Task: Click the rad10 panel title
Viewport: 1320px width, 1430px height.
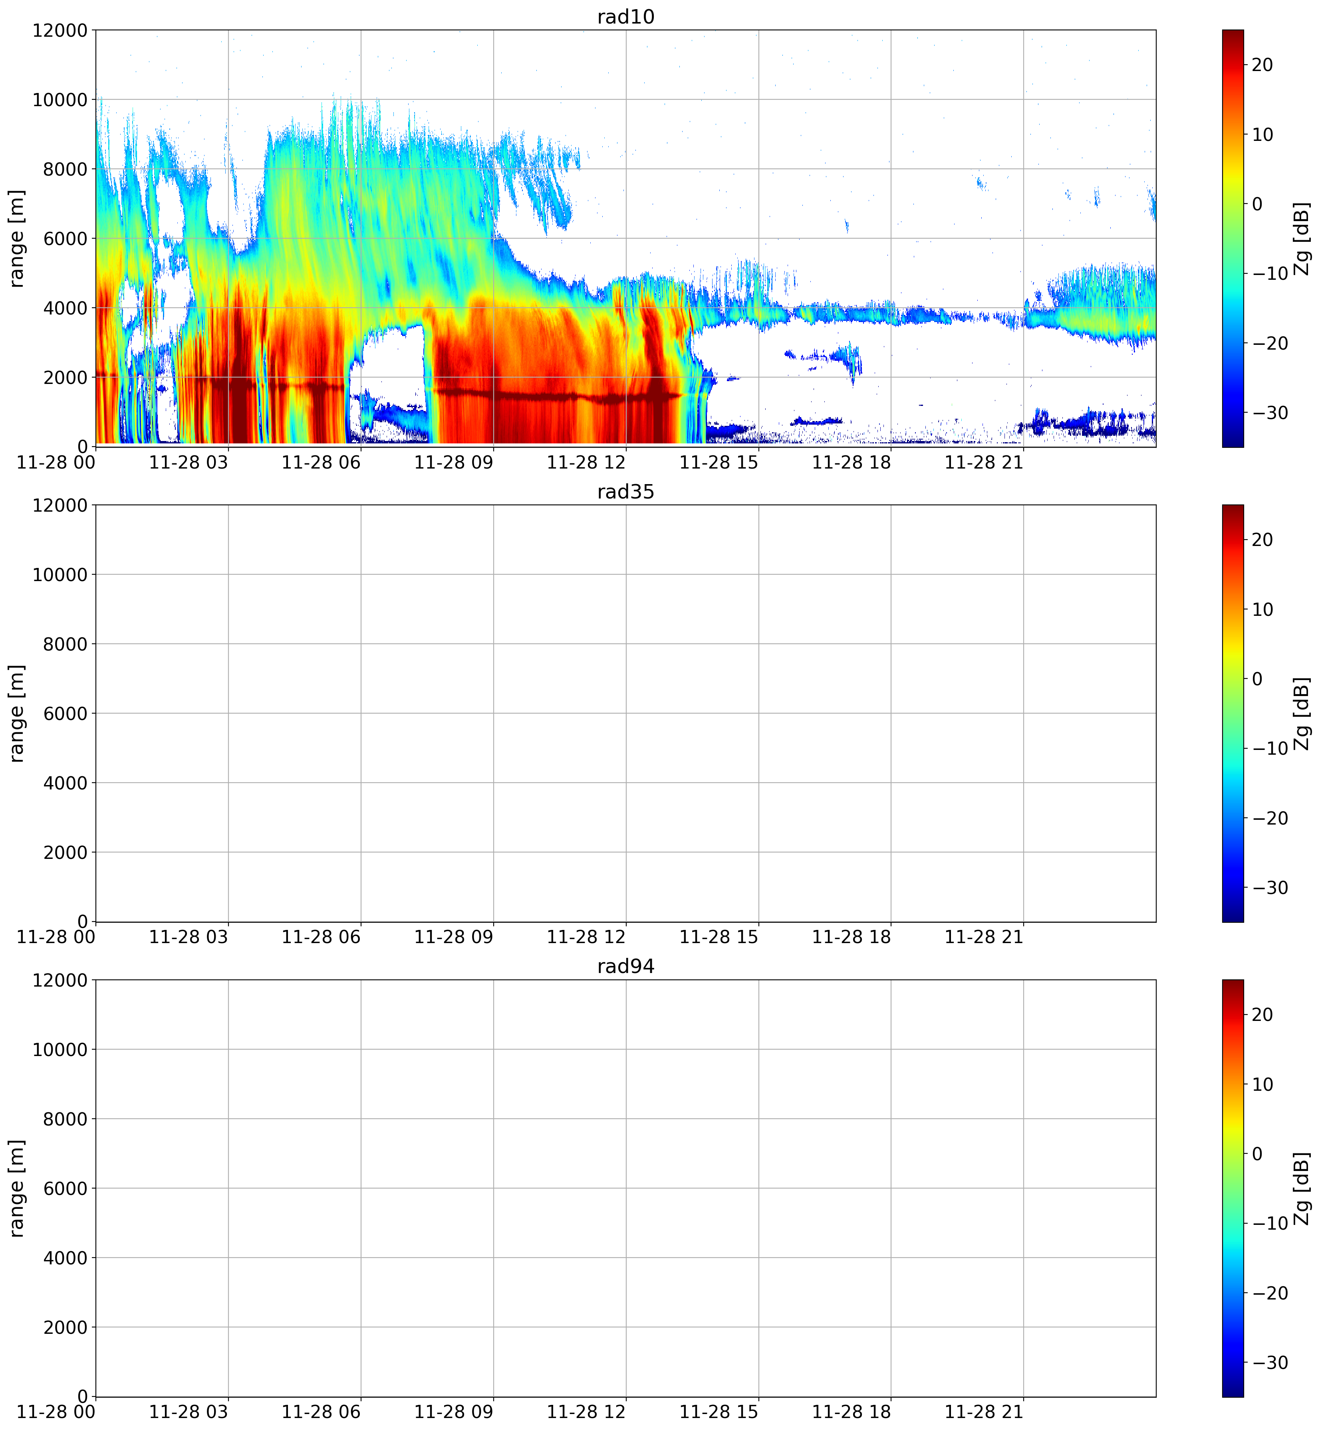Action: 626,17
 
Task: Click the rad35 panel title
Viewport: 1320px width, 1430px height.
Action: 626,492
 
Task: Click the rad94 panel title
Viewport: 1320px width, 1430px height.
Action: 626,967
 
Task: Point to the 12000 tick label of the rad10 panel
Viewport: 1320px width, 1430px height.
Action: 60,30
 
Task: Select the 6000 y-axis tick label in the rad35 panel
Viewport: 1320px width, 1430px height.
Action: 64,713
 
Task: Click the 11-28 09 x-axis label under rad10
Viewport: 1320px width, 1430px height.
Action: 454,463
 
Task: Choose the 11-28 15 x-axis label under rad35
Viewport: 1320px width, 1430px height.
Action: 719,938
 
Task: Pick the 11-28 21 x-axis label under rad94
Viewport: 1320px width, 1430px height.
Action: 984,1412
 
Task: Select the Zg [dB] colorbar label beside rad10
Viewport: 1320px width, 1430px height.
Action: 1302,238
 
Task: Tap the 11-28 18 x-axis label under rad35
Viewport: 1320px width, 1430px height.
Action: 852,938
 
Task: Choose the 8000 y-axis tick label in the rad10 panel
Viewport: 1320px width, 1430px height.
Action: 64,169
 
